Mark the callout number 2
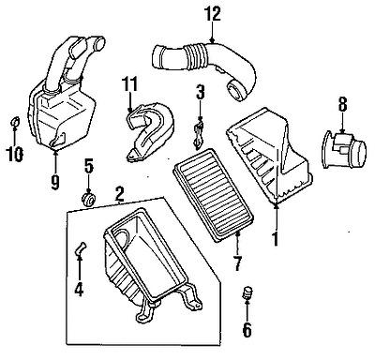pos(119,194)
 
